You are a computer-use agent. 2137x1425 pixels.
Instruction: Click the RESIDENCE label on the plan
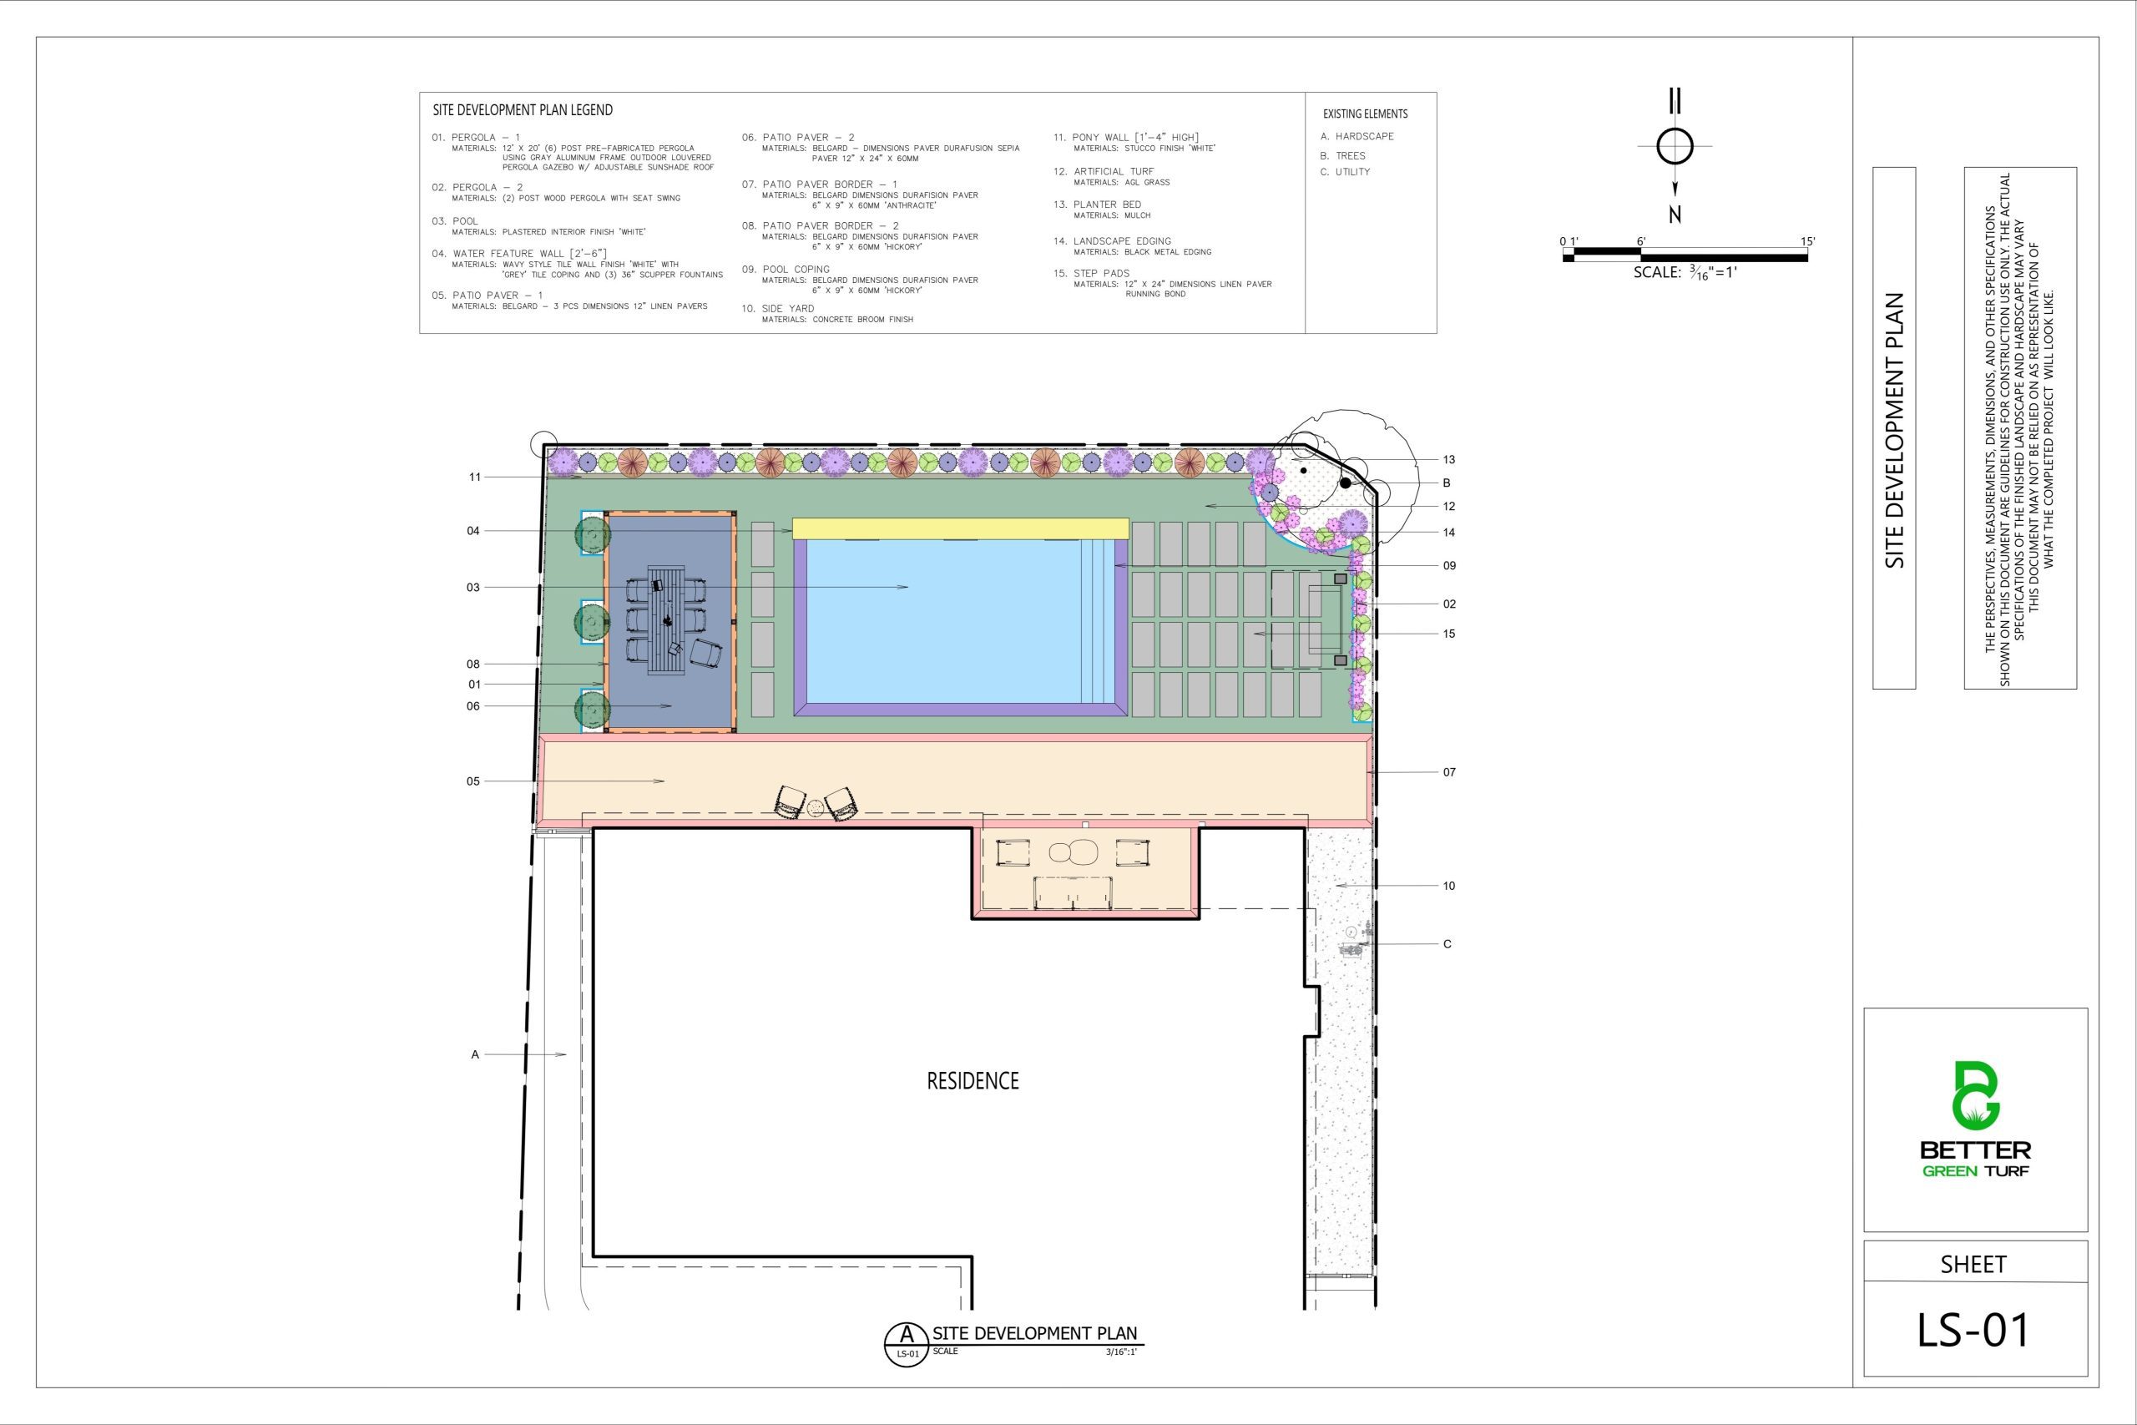click(973, 1080)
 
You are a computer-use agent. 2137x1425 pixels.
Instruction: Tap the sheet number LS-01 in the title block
click(1973, 1330)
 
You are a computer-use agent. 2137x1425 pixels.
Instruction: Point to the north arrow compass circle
click(1675, 145)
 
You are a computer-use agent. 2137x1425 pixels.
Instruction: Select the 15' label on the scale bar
click(1807, 240)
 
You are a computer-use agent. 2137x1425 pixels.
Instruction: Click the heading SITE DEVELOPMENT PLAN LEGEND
click(523, 110)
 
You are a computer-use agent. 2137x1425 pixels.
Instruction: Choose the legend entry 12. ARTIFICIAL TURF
click(1104, 171)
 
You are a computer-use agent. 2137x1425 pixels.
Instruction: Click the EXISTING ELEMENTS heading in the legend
click(1365, 114)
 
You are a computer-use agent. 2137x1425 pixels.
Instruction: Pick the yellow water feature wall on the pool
click(960, 528)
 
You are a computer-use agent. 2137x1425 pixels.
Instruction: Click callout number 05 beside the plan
click(472, 781)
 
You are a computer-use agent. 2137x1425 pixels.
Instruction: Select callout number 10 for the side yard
click(1448, 885)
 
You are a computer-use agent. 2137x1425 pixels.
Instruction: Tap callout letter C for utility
click(1447, 943)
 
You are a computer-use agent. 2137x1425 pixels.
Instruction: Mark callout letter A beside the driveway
click(474, 1054)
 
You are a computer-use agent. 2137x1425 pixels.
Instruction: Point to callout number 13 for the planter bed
click(1448, 459)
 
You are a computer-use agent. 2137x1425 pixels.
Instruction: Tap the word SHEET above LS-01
click(1973, 1264)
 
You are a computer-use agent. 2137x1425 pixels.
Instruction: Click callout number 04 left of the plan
click(472, 531)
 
